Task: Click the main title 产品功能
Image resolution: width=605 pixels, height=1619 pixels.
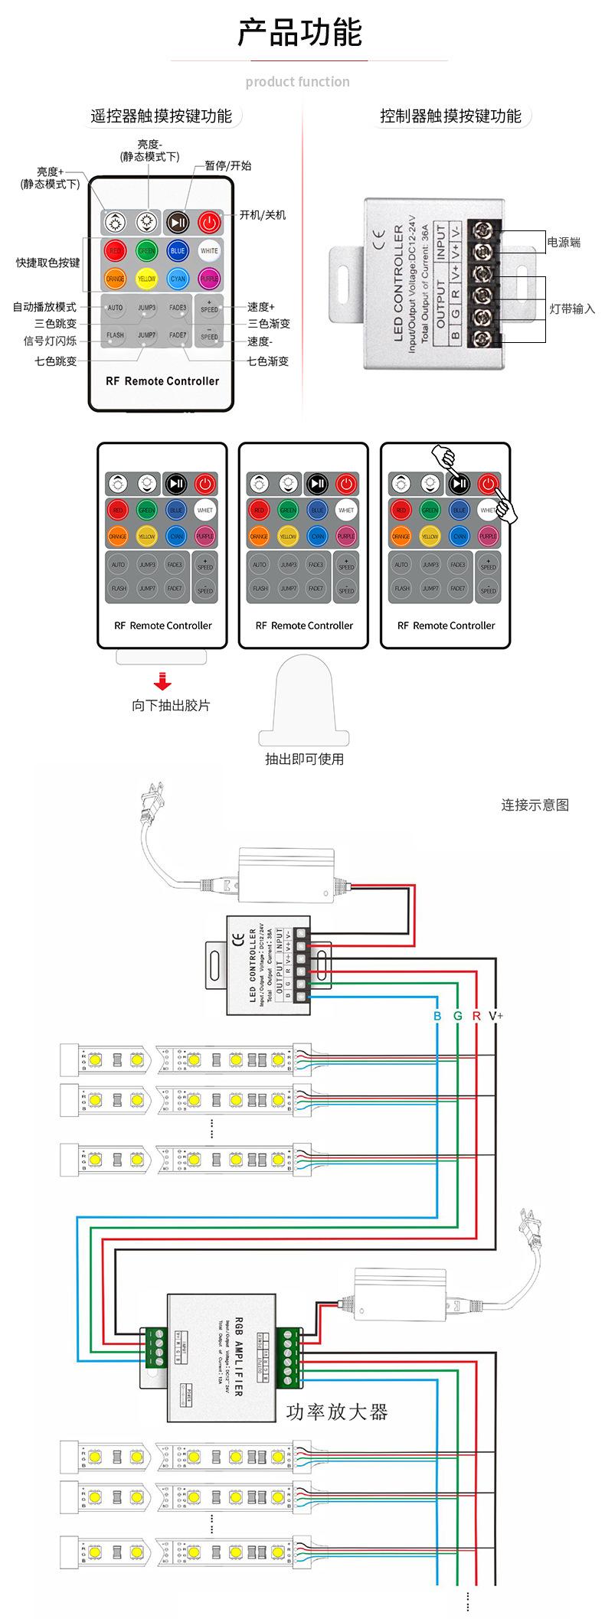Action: click(x=299, y=33)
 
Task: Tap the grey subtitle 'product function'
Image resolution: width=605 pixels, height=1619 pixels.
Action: click(x=297, y=82)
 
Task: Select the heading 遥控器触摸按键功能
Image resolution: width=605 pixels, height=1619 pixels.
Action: click(x=161, y=116)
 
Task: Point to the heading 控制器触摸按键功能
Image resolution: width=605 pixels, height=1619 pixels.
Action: click(x=450, y=116)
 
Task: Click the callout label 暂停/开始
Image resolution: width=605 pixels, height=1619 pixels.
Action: click(x=227, y=165)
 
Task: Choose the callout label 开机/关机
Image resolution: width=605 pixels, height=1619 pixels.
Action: click(x=262, y=215)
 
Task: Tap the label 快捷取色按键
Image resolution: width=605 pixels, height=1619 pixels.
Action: click(x=47, y=263)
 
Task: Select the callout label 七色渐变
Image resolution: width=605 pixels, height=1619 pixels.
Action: click(x=267, y=361)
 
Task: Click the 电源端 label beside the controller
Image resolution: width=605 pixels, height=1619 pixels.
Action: click(x=564, y=243)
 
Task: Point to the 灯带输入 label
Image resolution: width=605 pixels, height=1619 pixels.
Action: click(x=572, y=309)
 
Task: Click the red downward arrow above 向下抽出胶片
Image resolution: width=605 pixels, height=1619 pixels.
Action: click(x=162, y=681)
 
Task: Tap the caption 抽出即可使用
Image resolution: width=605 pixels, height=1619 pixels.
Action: click(x=304, y=759)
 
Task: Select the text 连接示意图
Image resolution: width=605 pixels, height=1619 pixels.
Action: click(x=535, y=805)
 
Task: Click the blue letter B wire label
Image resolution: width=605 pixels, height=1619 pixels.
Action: click(x=437, y=1016)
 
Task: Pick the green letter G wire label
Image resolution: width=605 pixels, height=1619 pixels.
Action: click(x=457, y=1016)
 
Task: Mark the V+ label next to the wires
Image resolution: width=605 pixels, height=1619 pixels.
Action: click(x=495, y=1016)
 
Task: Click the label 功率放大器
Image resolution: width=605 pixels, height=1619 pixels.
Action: click(x=337, y=1412)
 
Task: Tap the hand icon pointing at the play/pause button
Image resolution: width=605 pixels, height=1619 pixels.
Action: click(x=444, y=457)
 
